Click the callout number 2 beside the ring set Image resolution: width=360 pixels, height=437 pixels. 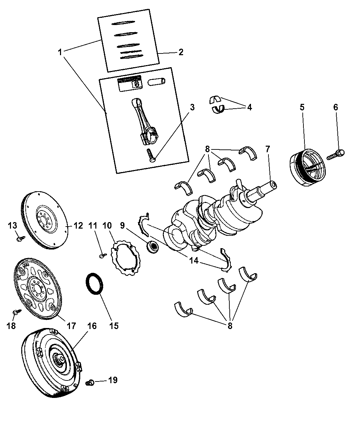coord(181,52)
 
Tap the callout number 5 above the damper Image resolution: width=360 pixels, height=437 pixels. coord(302,107)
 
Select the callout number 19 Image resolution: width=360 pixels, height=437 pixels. coord(113,380)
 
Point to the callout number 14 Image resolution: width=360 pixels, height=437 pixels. coord(194,260)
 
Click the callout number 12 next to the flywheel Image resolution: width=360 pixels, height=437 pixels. coord(78,226)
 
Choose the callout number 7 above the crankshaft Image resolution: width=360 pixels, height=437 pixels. coord(267,149)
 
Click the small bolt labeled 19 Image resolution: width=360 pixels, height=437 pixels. coord(90,383)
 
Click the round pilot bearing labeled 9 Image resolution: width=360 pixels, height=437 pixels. coord(153,247)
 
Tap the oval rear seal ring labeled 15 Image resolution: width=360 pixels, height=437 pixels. coord(94,283)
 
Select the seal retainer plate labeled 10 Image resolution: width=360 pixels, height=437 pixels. coord(125,258)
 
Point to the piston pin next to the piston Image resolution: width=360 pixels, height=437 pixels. coord(156,81)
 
